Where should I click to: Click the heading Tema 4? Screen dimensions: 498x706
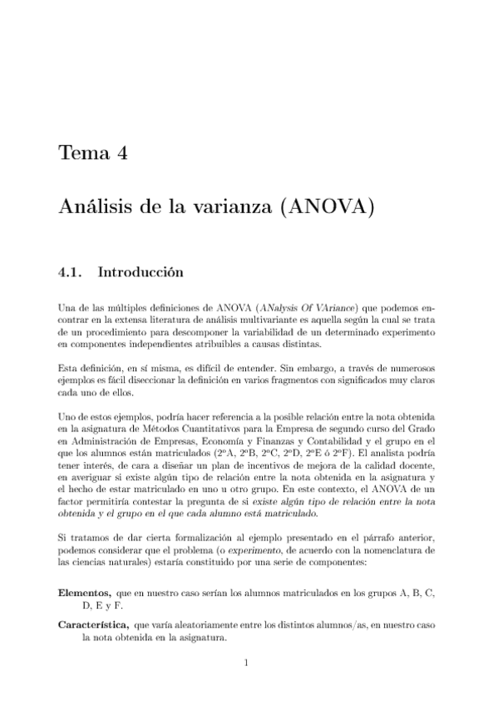point(92,153)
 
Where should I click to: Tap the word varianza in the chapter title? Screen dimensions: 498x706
point(217,206)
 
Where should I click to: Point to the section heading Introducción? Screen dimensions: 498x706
point(140,271)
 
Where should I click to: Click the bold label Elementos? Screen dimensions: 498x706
point(87,592)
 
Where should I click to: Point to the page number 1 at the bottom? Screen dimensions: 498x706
point(248,664)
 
